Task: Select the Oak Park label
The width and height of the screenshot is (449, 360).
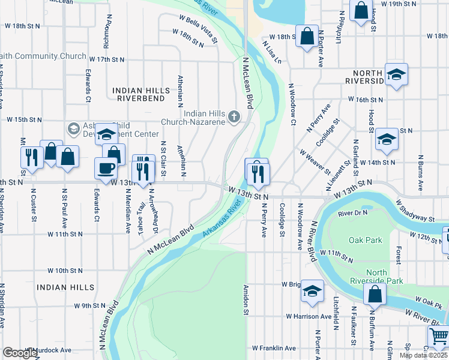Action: tap(365, 240)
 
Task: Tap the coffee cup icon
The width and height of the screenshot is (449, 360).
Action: tap(106, 167)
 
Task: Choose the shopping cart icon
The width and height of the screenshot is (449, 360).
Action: tap(438, 336)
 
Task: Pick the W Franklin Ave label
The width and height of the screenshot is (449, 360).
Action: tap(274, 348)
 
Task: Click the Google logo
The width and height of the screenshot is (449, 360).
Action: tap(20, 353)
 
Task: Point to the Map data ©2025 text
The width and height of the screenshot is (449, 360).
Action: tap(424, 355)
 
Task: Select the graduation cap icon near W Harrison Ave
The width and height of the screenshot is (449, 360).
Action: tap(312, 290)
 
